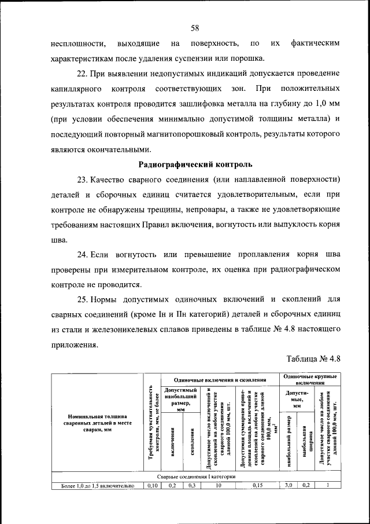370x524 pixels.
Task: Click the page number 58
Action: click(195, 28)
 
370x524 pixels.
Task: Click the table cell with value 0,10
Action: click(152, 485)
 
